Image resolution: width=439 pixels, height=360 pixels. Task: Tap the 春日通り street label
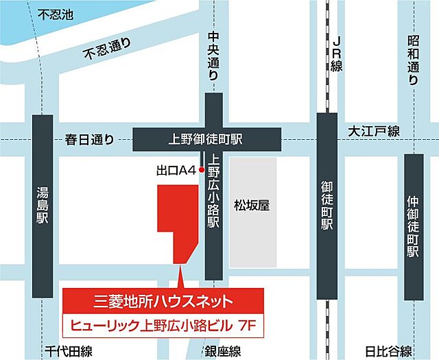pos(88,139)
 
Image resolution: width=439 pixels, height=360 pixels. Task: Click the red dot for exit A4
pos(202,169)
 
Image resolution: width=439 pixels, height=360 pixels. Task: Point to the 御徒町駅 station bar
pos(327,206)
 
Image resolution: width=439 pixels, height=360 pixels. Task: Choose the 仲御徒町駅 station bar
pos(413,227)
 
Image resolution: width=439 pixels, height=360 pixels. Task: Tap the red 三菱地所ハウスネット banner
pos(163,300)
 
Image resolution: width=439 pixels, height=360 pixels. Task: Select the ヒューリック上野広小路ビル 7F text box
pos(163,322)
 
